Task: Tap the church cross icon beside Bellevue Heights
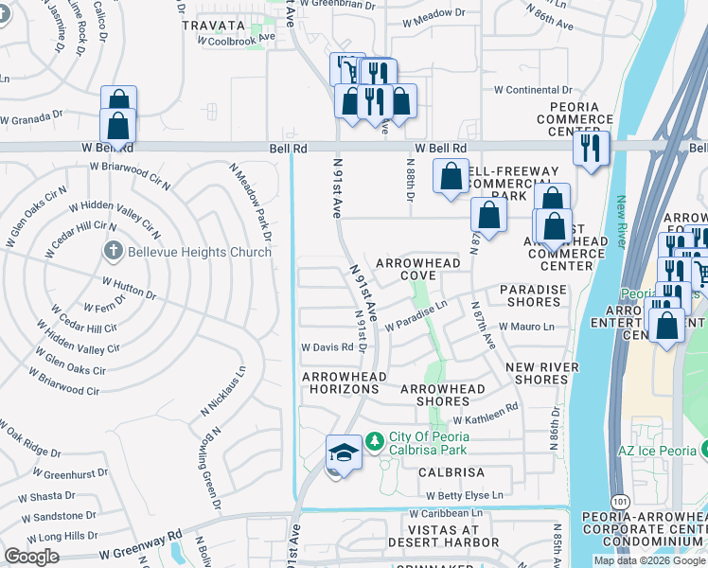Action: click(x=112, y=252)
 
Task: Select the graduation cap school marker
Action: click(x=343, y=453)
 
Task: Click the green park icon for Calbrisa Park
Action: click(x=376, y=441)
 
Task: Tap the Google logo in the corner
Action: click(x=32, y=557)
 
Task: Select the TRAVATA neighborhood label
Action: click(x=213, y=26)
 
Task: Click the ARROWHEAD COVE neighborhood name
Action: click(x=406, y=269)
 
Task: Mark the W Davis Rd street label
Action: click(x=327, y=347)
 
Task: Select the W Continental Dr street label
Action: click(x=534, y=90)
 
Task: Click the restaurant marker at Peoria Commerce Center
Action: click(x=592, y=148)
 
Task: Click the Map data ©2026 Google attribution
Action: click(x=649, y=560)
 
